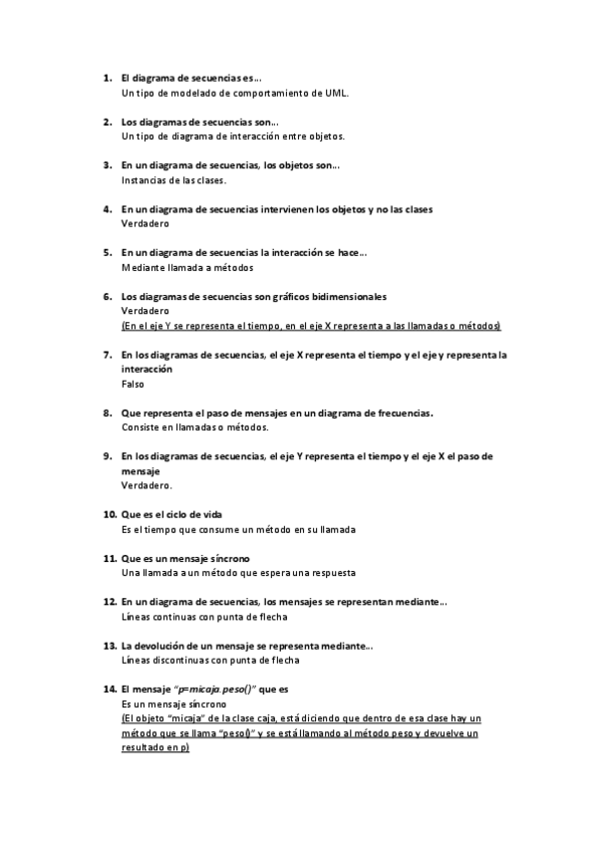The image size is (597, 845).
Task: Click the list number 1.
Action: [107, 78]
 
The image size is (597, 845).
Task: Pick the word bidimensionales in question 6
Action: [348, 297]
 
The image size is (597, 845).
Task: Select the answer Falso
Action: [133, 384]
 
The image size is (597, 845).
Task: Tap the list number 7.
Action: [107, 354]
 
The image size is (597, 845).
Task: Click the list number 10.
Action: [110, 515]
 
